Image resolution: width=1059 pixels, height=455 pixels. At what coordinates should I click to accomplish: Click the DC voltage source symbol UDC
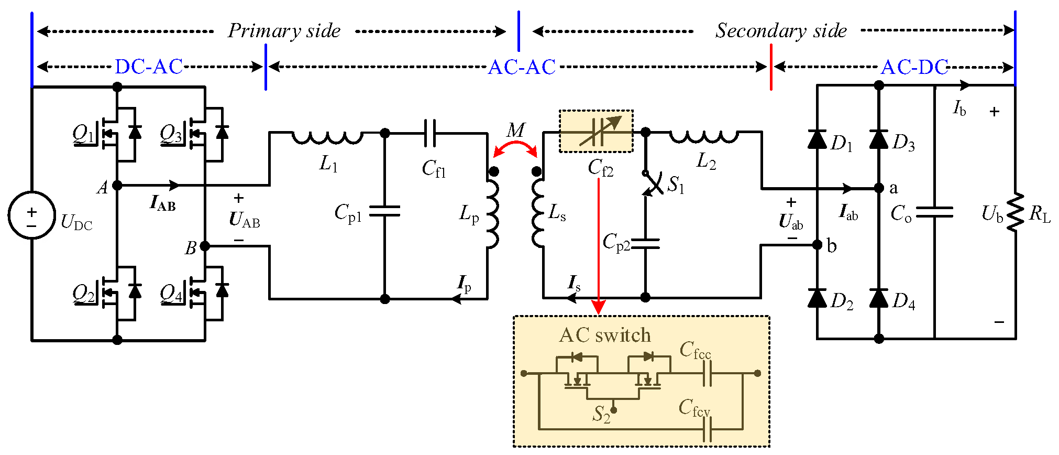pyautogui.click(x=31, y=214)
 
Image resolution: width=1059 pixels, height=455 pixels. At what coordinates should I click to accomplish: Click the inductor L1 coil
pyautogui.click(x=327, y=137)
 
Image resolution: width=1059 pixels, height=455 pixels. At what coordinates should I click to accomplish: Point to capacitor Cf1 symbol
pyautogui.click(x=429, y=133)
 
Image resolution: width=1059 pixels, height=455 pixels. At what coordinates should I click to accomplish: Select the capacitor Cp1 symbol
pyautogui.click(x=384, y=211)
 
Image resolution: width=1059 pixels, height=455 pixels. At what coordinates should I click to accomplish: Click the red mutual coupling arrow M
pyautogui.click(x=515, y=147)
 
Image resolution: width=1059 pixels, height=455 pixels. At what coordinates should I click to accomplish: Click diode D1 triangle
pyautogui.click(x=817, y=139)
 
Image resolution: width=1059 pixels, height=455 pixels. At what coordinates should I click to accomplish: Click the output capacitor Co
pyautogui.click(x=934, y=212)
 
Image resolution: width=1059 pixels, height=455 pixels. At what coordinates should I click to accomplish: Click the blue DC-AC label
pyautogui.click(x=149, y=67)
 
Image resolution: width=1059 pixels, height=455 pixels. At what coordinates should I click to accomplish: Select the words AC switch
pyautogui.click(x=605, y=335)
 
